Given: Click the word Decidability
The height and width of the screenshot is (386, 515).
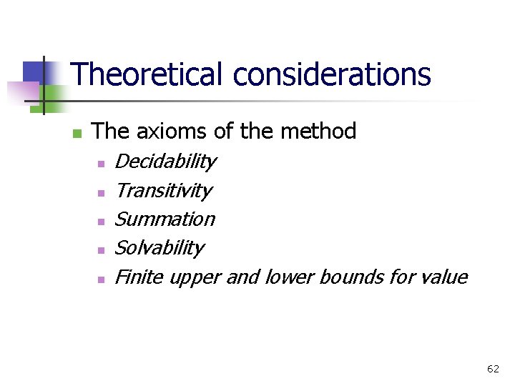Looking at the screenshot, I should [x=165, y=162].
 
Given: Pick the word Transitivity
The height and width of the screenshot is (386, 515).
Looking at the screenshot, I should [x=163, y=191].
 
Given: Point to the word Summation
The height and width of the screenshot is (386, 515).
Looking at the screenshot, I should [x=165, y=219].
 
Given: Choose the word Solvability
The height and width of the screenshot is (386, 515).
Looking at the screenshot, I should [x=159, y=247].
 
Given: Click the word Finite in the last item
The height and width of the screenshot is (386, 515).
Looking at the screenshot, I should [x=138, y=277].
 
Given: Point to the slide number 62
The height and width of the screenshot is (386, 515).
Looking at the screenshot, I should [x=493, y=369].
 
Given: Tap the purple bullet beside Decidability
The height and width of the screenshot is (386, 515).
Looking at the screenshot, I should [x=102, y=164].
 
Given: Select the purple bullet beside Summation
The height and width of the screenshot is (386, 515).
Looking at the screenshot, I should [x=102, y=222].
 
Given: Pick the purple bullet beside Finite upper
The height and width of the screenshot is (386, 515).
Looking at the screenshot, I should [x=102, y=279].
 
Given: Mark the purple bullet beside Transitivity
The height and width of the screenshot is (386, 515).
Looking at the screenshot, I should [x=102, y=193].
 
